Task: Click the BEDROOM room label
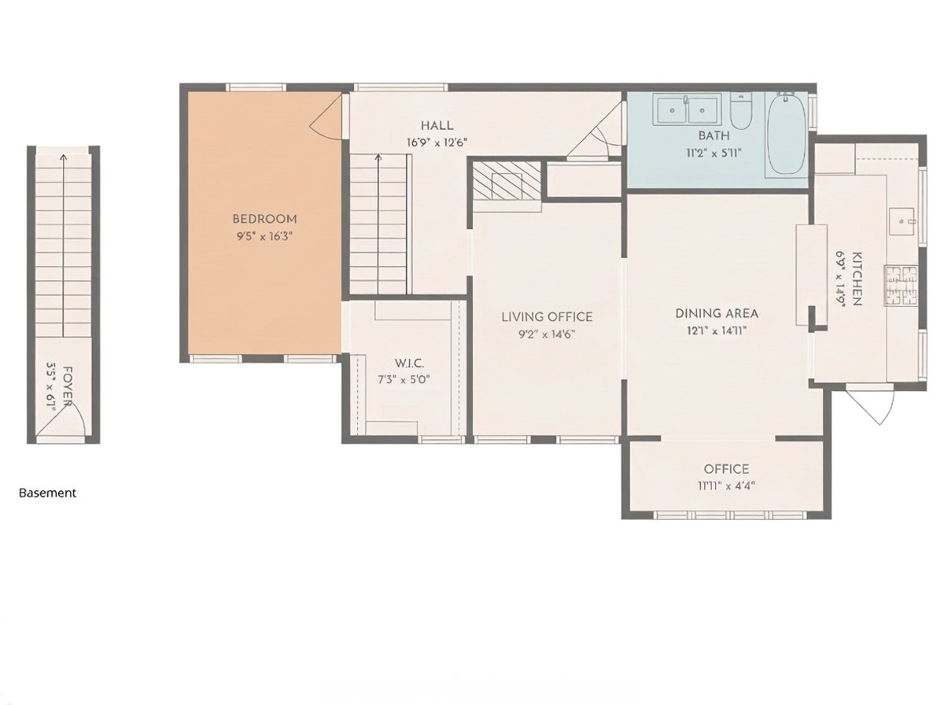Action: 264,219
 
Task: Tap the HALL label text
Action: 437,126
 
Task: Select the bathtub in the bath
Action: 787,135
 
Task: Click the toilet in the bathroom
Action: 741,111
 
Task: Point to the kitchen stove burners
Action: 901,286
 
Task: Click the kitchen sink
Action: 902,223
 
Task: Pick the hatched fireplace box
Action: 506,180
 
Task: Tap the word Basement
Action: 47,493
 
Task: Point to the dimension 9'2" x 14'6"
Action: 547,334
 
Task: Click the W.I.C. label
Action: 409,364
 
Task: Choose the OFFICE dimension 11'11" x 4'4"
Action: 726,486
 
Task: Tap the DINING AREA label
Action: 717,313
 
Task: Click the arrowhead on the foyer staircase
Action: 64,157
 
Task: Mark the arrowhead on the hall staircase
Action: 378,157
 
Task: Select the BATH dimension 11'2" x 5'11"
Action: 714,153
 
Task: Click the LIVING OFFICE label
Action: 547,317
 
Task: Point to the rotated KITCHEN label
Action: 857,279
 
